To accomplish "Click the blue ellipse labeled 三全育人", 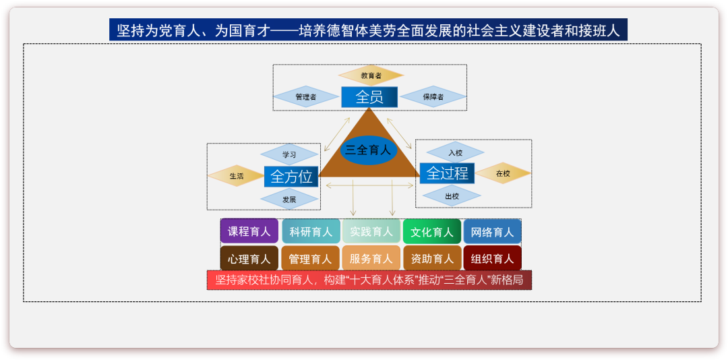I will (368, 150).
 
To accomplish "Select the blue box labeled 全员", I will (369, 97).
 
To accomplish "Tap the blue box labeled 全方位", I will (291, 177).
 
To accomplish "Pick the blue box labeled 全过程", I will (447, 173).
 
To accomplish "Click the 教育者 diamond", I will (371, 76).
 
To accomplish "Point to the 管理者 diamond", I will (305, 97).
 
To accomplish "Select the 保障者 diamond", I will (433, 97).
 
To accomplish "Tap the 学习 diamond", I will (290, 154).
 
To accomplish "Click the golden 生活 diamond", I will (237, 176).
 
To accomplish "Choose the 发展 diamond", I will (290, 200).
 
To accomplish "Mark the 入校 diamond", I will (455, 152).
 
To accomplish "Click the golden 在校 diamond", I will (503, 173).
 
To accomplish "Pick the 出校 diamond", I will (452, 196).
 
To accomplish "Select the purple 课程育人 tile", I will (249, 231).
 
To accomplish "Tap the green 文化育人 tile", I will (432, 231).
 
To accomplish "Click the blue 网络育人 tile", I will (492, 231).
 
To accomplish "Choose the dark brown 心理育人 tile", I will (249, 258).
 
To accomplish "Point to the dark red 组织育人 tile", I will (492, 258).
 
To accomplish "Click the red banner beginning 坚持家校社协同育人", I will (369, 280).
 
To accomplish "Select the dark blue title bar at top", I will (368, 30).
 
